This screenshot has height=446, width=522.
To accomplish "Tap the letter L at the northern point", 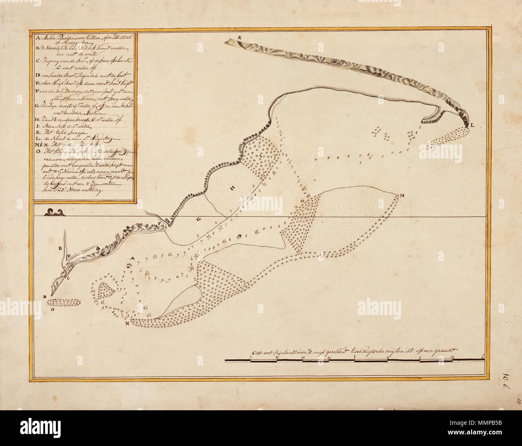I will [472, 126].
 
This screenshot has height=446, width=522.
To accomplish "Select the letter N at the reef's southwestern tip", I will [127, 323].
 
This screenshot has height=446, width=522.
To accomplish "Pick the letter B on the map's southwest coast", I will [45, 297].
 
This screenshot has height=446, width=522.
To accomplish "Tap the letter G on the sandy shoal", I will [198, 219].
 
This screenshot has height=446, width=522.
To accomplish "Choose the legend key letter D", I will [37, 75].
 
